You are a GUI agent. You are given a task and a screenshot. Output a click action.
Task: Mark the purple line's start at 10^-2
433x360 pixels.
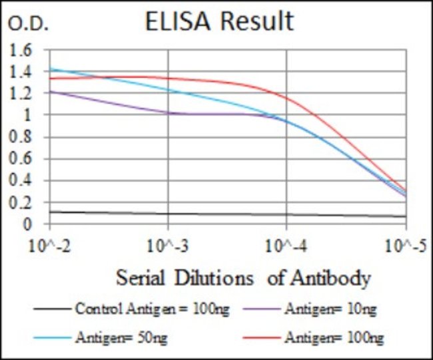click(51, 91)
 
